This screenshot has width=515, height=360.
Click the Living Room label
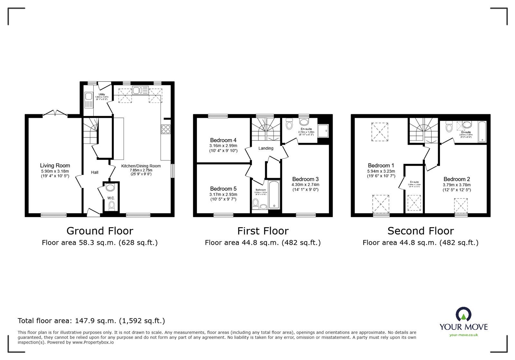pos(55,166)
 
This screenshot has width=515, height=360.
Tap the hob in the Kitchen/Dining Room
pos(165,129)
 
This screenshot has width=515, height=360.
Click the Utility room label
pos(102,94)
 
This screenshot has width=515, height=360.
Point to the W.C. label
pos(111,198)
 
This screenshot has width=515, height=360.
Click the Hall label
pos(95,172)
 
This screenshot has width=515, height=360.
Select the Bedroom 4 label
pos(223,140)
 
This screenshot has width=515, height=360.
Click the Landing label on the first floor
pos(266,148)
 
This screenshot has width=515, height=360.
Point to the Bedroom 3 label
pos(305,179)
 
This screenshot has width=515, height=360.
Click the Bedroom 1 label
pos(381,166)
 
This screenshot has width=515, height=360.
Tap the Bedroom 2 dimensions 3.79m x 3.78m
pos(457,185)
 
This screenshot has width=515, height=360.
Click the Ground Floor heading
pos(99,231)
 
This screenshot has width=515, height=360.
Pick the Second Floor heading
pos(420,231)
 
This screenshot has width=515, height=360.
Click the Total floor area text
pos(91,321)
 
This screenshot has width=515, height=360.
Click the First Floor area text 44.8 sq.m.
pos(263,243)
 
